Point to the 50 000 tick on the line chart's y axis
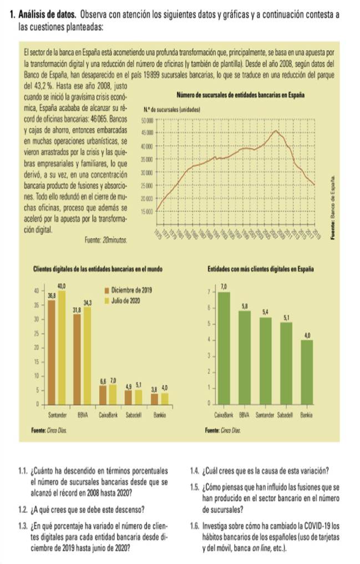[148, 120]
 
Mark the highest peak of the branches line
[276, 131]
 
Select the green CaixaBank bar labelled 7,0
[224, 347]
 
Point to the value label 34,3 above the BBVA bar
[87, 303]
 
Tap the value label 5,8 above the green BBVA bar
[245, 306]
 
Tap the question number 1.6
[195, 525]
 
